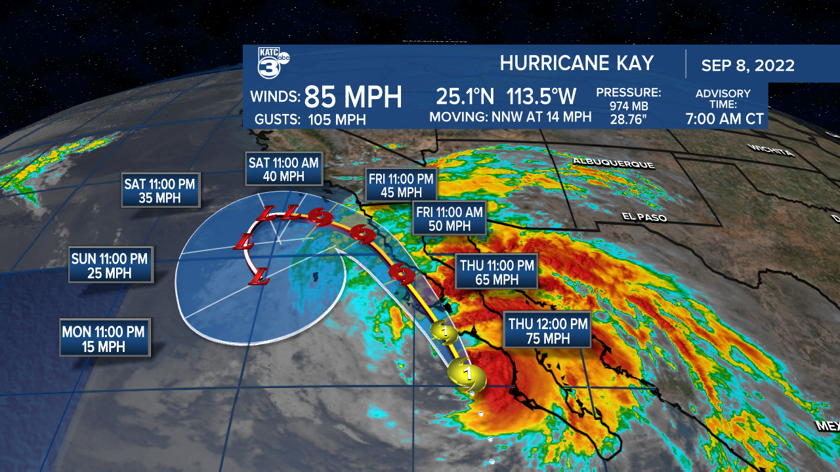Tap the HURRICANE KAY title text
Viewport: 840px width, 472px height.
pyautogui.click(x=577, y=63)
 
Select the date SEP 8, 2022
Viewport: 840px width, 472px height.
pyautogui.click(x=747, y=66)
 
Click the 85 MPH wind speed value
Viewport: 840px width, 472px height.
pyautogui.click(x=352, y=97)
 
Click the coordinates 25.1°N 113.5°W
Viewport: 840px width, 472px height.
pyautogui.click(x=506, y=96)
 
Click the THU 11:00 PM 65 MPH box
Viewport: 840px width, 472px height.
pyautogui.click(x=495, y=272)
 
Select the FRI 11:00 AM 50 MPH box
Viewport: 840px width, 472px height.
pyautogui.click(x=449, y=219)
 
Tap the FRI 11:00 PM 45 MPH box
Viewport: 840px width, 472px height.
pyautogui.click(x=401, y=185)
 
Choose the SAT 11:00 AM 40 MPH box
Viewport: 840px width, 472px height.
pyautogui.click(x=283, y=169)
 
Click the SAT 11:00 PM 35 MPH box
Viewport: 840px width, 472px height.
pyautogui.click(x=161, y=190)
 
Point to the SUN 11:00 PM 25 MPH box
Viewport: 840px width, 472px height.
pyautogui.click(x=110, y=265)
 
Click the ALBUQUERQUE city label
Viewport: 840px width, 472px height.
pyautogui.click(x=614, y=163)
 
